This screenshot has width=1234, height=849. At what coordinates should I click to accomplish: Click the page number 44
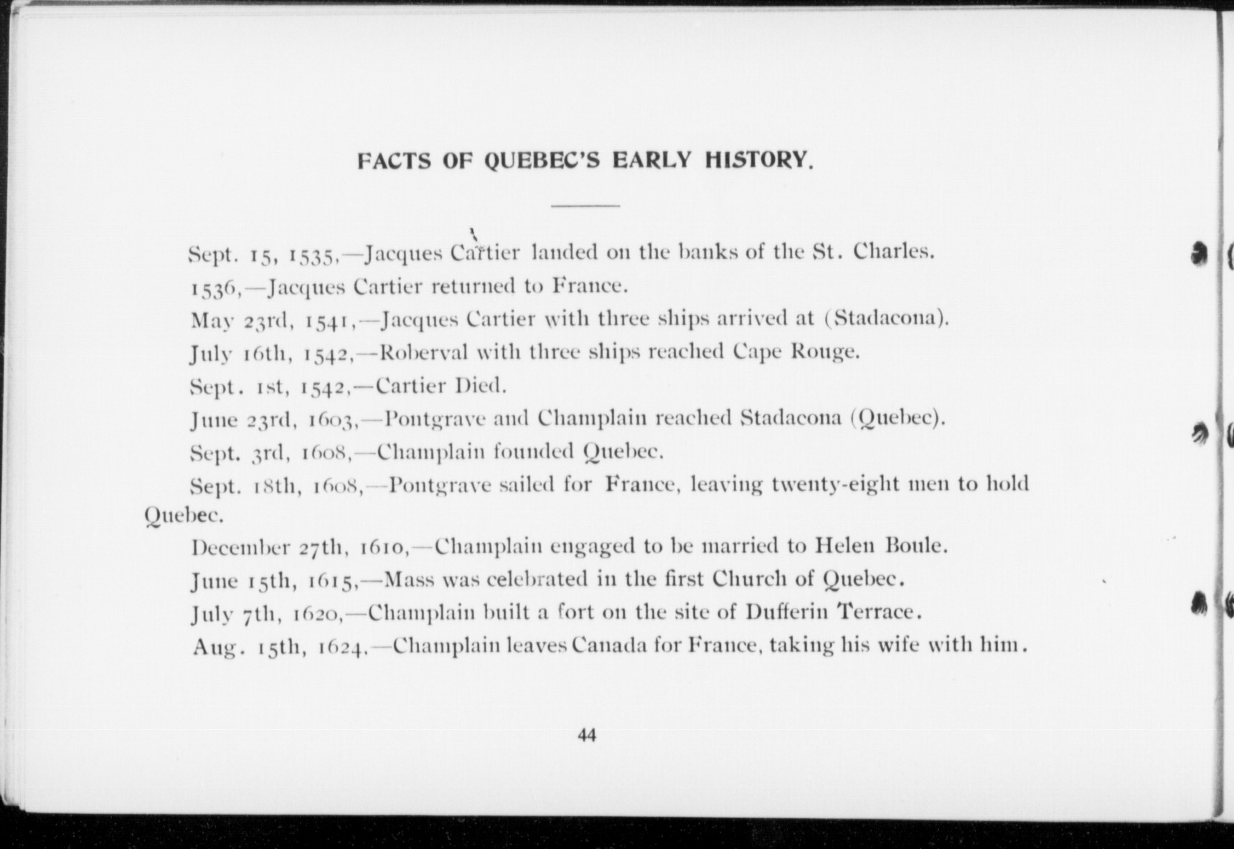[586, 735]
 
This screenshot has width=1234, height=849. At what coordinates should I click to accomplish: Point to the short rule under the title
[585, 207]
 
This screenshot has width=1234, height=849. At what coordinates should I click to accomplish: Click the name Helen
[845, 546]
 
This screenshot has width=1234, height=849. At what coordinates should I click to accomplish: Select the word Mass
[411, 579]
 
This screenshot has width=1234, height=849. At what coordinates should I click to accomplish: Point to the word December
[240, 547]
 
